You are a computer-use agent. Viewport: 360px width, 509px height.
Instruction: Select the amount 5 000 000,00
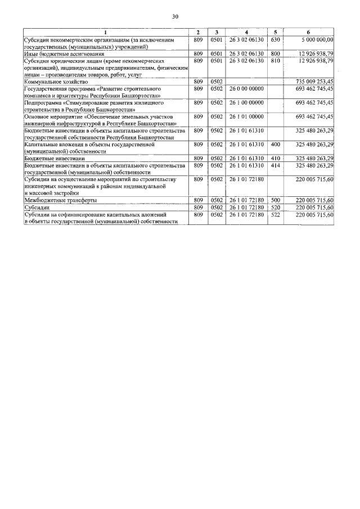(318, 40)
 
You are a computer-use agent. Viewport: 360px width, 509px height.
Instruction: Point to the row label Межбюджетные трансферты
(60, 200)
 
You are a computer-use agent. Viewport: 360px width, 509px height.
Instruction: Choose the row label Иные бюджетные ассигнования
(60, 53)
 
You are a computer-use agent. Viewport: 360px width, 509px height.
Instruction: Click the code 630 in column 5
(275, 40)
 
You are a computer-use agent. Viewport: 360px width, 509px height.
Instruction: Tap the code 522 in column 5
(275, 214)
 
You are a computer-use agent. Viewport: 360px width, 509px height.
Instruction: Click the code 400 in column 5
(275, 145)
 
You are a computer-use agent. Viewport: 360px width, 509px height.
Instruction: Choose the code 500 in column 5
(275, 200)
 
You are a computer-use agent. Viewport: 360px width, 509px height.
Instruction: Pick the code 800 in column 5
(275, 53)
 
